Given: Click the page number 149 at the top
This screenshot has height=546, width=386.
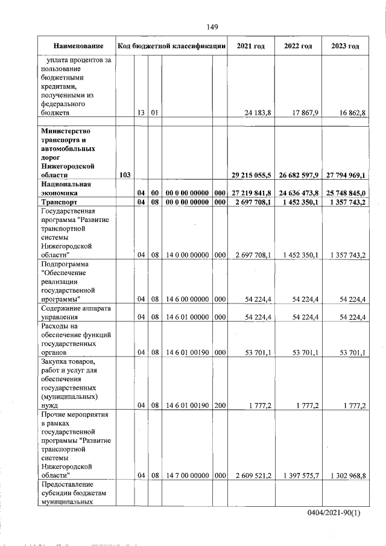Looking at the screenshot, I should pos(211,27).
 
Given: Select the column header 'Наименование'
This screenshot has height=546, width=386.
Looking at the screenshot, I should pos(78,46).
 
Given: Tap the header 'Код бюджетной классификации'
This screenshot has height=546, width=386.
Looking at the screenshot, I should pos(172,46).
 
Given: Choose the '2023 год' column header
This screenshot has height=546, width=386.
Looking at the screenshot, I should pos(346,46).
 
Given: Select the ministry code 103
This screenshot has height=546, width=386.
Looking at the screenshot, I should pos(126,175).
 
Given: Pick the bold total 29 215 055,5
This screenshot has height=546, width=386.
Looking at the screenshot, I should pos(252,175).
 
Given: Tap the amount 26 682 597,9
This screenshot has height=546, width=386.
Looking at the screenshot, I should pos(300,175).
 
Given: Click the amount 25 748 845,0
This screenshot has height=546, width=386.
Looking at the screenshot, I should pos(346,192).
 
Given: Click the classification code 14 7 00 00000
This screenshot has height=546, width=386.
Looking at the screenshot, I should pos(186,476).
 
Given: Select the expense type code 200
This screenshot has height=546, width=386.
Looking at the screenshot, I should pos(220,405).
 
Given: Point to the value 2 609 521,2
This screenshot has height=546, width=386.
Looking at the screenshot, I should pos(254,476).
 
